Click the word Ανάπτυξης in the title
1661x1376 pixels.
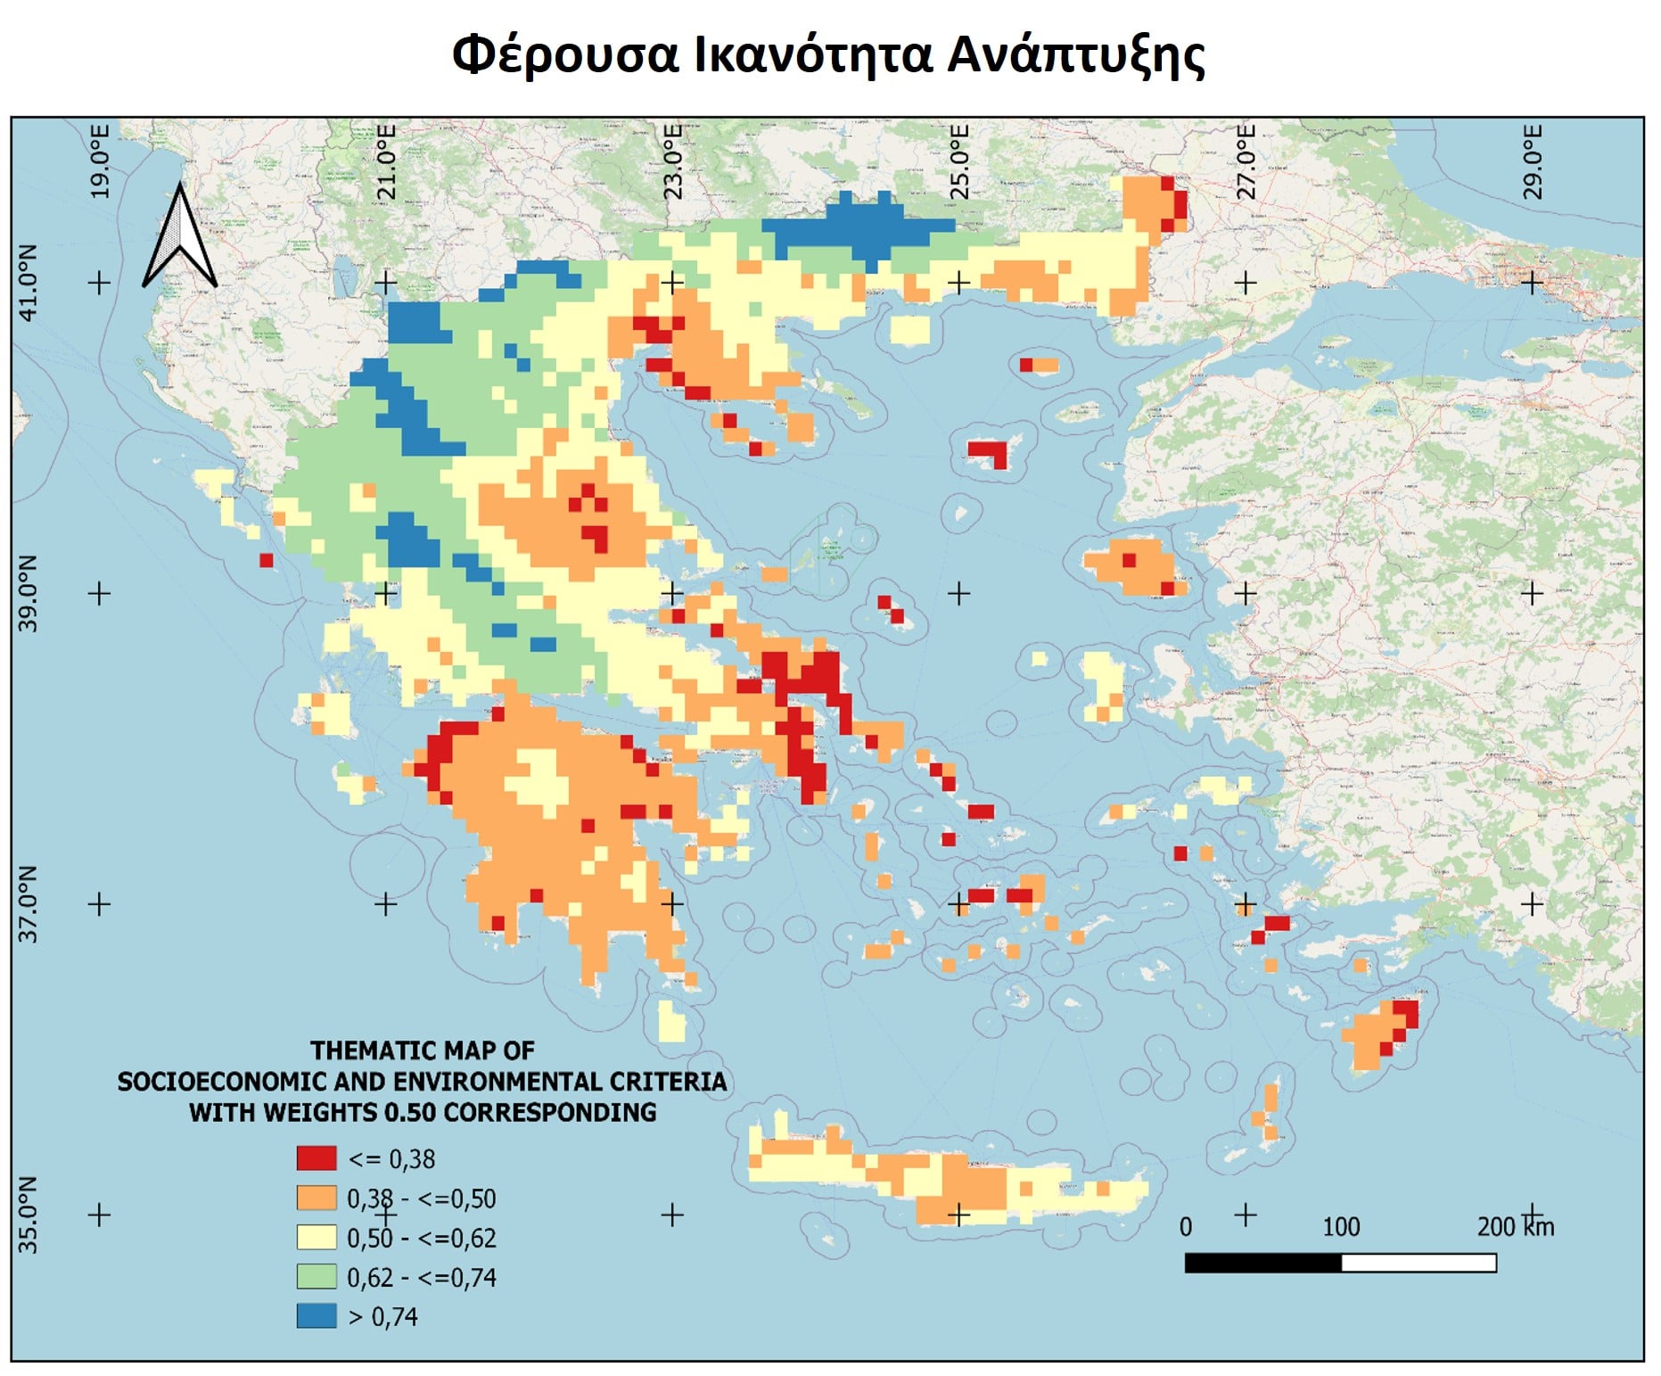1075,55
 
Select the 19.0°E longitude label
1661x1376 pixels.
100,161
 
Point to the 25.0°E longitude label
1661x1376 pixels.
958,161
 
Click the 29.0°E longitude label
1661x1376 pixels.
1532,161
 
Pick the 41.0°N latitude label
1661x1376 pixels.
29,283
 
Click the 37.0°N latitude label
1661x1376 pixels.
29,903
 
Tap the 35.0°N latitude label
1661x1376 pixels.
29,1214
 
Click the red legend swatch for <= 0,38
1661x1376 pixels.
317,1158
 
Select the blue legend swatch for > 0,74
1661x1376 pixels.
317,1315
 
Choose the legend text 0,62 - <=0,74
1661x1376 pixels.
421,1277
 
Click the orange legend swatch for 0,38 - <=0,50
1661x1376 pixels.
317,1198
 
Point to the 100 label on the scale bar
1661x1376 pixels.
1341,1227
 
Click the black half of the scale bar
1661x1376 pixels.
1262,1263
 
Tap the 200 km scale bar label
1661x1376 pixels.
1515,1227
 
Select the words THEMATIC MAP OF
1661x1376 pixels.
423,1051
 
